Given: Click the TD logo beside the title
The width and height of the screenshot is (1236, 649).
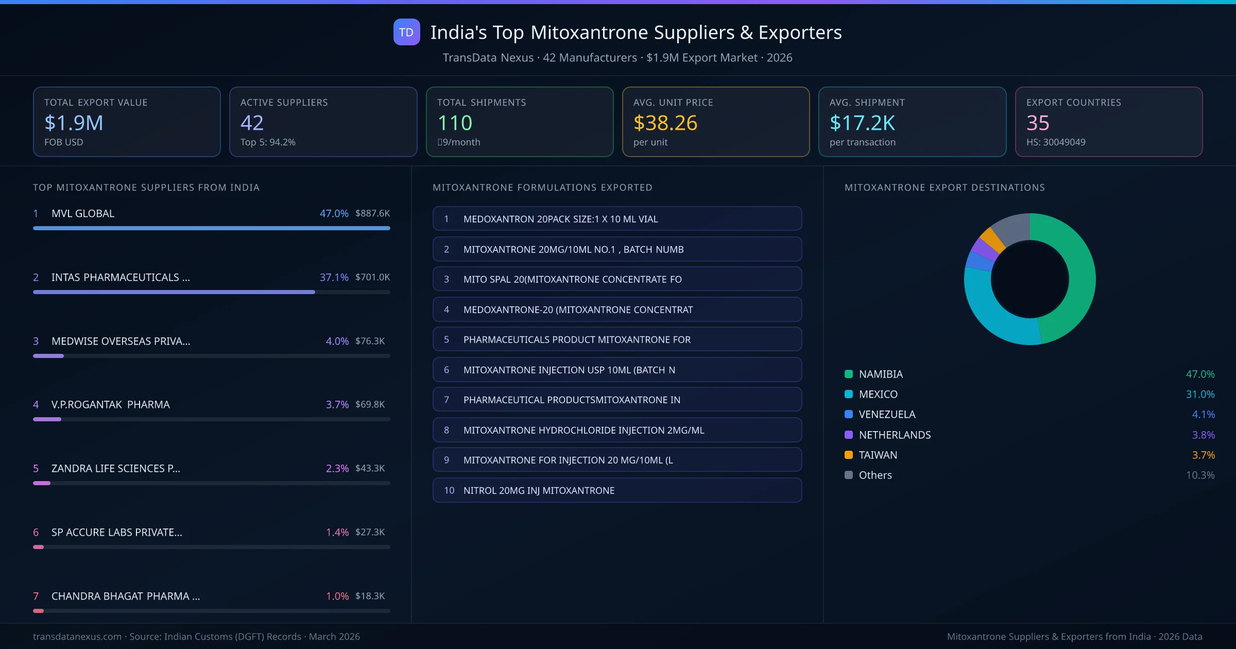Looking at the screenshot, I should [406, 32].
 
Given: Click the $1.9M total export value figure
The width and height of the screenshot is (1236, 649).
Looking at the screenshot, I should [74, 123].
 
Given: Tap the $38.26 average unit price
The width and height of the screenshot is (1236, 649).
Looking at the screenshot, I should [665, 123].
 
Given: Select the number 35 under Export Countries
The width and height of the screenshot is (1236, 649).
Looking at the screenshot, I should [1037, 123].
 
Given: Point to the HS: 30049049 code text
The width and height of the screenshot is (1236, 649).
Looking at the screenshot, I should [1055, 142].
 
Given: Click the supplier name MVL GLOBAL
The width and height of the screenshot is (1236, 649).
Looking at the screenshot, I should [83, 213].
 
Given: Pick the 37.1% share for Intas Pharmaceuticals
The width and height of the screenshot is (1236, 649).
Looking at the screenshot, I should [334, 277].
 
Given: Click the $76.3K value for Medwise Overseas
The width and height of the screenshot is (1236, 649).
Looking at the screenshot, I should [370, 341].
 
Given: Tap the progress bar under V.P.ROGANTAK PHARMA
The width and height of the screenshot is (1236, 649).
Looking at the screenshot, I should [211, 419].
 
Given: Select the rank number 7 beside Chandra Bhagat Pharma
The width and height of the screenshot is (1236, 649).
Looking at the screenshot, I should [36, 596].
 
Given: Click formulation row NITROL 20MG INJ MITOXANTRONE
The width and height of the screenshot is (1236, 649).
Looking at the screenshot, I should [617, 490].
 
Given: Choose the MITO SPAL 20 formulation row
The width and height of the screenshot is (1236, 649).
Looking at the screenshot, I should [617, 279].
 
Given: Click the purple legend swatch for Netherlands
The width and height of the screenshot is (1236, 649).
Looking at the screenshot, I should [849, 435].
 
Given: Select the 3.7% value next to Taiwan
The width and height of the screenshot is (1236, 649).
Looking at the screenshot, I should [1203, 455].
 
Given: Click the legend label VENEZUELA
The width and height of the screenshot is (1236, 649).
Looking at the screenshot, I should [887, 414].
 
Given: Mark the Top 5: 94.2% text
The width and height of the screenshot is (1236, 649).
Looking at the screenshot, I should [268, 142].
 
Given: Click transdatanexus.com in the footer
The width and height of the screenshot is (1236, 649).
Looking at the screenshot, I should [77, 637].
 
